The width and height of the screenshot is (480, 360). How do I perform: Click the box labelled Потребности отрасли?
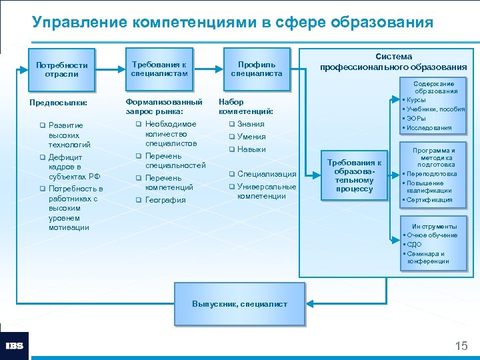pyautogui.click(x=61, y=69)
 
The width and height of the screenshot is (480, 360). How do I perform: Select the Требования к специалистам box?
pyautogui.click(x=159, y=69)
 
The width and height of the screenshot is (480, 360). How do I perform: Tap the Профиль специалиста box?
pyautogui.click(x=257, y=69)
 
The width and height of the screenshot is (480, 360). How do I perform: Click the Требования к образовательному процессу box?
pyautogui.click(x=354, y=175)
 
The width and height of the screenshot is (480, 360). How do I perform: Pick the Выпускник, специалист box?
pyautogui.click(x=239, y=304)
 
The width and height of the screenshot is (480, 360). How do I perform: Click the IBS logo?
pyautogui.click(x=14, y=346)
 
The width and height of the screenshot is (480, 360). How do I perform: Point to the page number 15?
pyautogui.click(x=461, y=345)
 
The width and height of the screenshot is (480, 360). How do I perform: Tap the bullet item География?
pyautogui.click(x=165, y=200)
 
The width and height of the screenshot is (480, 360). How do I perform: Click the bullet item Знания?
pyautogui.click(x=251, y=124)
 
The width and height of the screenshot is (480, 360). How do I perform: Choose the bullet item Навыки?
pyautogui.click(x=251, y=149)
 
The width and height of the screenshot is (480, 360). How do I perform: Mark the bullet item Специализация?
pyautogui.click(x=266, y=174)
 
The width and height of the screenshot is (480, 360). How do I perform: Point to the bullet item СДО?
pyautogui.click(x=414, y=244)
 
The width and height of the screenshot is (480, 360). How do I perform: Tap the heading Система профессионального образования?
pyautogui.click(x=393, y=62)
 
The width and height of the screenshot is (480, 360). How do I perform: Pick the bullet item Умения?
pyautogui.click(x=251, y=137)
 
